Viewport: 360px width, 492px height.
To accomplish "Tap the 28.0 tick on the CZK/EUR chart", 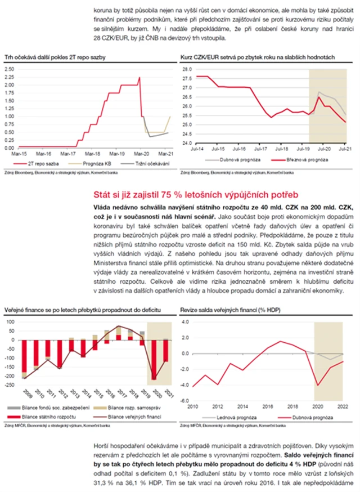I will (x=187, y=69).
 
